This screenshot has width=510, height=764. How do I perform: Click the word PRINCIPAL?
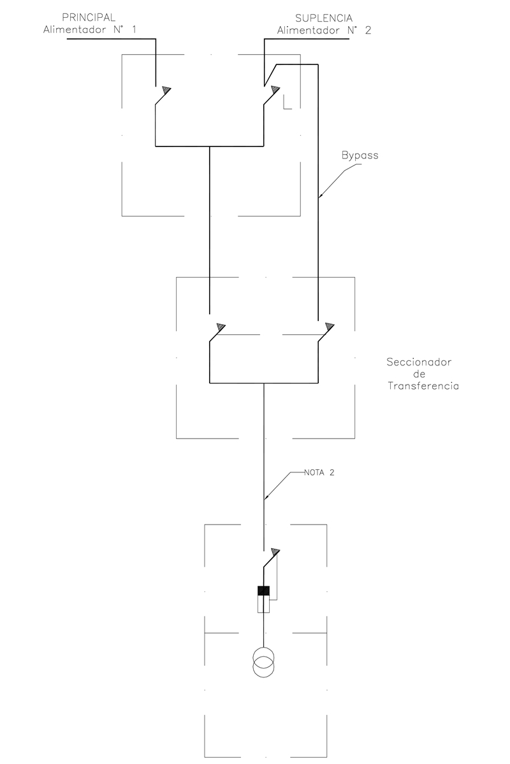tap(89, 18)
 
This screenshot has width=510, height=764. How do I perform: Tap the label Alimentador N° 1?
tap(89, 29)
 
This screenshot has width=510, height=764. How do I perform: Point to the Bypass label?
tap(360, 155)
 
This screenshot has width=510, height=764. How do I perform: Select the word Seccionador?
tap(419, 362)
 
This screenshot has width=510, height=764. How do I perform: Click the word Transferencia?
tap(423, 386)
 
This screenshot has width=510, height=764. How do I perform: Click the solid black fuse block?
tap(263, 591)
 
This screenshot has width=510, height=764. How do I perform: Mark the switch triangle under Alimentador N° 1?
tap(166, 89)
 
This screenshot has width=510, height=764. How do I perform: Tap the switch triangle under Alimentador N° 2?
tap(275, 89)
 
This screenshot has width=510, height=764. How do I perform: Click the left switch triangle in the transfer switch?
tap(221, 327)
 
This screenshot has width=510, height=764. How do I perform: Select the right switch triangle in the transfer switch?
tap(329, 327)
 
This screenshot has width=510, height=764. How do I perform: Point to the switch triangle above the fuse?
tap(275, 551)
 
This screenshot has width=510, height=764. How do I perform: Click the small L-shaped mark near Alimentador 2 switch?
tap(287, 104)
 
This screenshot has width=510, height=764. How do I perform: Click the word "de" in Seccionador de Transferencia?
tap(419, 374)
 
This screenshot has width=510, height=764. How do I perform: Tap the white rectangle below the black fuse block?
tap(263, 604)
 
